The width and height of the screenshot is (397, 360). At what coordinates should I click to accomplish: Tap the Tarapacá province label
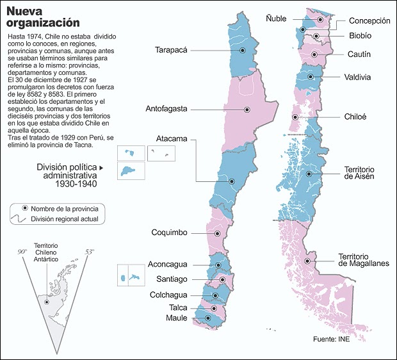pyautogui.click(x=171, y=50)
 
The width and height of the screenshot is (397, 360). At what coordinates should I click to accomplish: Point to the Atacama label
pyautogui.click(x=172, y=139)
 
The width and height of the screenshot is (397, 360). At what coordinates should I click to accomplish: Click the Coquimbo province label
pyautogui.click(x=169, y=233)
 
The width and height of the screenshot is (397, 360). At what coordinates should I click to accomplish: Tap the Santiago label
pyautogui.click(x=172, y=279)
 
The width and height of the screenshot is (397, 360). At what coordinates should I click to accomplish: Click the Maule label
pyautogui.click(x=177, y=318)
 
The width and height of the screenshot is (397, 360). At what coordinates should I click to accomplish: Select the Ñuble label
pyautogui.click(x=276, y=19)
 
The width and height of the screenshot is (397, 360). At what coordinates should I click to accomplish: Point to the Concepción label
pyautogui.click(x=369, y=21)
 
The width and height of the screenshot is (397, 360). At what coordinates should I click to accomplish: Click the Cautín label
pyautogui.click(x=359, y=55)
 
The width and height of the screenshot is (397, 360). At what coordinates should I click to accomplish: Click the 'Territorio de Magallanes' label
pyautogui.click(x=364, y=260)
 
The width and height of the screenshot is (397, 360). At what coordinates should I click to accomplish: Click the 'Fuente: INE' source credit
pyautogui.click(x=332, y=338)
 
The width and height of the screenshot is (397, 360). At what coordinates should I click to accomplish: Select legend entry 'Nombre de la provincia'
pyautogui.click(x=63, y=209)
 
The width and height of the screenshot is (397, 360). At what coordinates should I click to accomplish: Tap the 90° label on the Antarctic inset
pyautogui.click(x=22, y=252)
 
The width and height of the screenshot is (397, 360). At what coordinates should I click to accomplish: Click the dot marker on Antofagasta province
pyautogui.click(x=247, y=110)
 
